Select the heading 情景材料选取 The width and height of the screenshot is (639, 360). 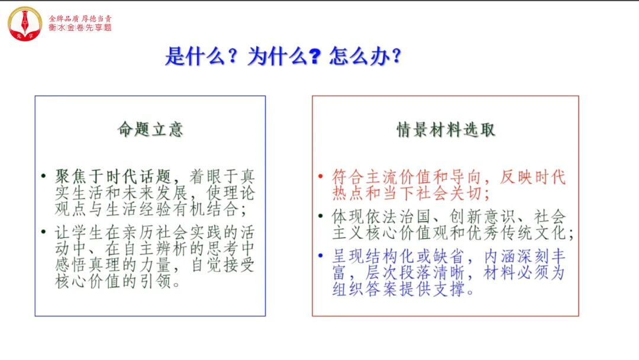point(445,130)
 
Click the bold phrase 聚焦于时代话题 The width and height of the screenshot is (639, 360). point(114,176)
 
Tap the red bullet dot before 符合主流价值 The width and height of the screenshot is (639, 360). point(320,176)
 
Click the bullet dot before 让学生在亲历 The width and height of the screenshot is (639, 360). point(43,232)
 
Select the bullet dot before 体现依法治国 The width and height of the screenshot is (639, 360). point(320,216)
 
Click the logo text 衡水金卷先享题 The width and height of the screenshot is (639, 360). point(80,28)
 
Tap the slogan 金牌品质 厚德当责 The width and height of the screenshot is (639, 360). point(80,18)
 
